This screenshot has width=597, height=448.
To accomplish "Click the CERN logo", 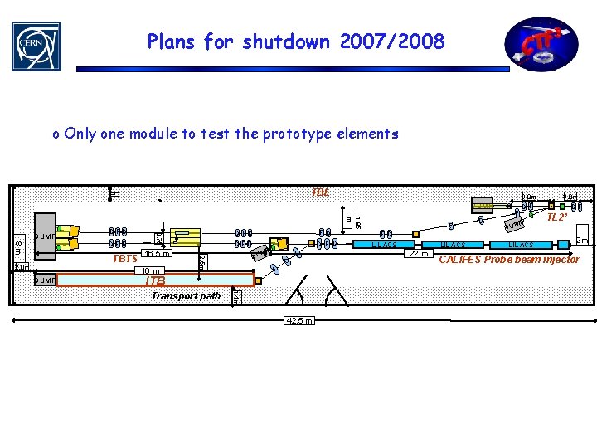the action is pos(36,46).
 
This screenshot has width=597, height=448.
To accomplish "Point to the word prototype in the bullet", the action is pos(265,134).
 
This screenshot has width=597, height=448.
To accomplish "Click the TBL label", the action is pos(320,192).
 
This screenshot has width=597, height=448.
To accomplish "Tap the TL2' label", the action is pos(557,217).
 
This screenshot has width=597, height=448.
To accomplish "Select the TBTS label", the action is pos(125,259).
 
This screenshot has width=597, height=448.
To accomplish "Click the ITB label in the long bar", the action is pos(155,281).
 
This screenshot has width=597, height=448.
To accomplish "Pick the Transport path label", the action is pos(186,295).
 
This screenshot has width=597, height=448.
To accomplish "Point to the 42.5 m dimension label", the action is pos(298,320).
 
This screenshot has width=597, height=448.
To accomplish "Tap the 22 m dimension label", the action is pos(417,254).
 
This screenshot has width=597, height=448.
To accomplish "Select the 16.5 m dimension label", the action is pos(156,254).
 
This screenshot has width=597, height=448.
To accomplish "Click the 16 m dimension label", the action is pos(150,270).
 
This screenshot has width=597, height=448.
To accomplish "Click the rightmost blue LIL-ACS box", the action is pos(522,245).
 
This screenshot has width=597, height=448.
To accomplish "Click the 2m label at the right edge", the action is pos(583,241).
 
